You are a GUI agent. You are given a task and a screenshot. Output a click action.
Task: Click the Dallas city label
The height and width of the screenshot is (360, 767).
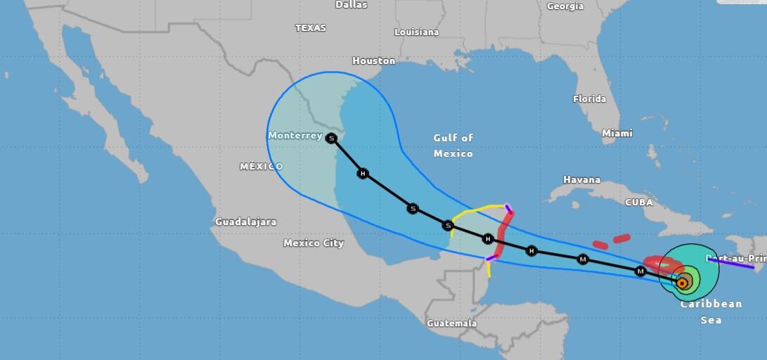tap(352, 4)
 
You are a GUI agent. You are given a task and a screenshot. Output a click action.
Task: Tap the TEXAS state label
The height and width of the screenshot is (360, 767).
tap(310, 28)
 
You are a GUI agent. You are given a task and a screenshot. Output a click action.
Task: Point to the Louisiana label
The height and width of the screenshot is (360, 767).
tap(416, 32)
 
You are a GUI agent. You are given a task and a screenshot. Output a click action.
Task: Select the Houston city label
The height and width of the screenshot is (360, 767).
tap(373, 61)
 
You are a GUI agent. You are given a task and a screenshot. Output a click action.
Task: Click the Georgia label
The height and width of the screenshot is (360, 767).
tap(565, 6)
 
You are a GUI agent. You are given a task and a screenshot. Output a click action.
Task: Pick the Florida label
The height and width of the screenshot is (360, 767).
tap(589, 99)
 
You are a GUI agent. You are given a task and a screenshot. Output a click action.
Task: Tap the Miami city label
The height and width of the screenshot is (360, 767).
tap(617, 133)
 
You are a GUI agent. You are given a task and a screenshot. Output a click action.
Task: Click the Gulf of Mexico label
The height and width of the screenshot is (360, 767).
tap(453, 146)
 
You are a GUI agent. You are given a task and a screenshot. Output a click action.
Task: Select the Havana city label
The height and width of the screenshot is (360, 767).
tap(581, 180)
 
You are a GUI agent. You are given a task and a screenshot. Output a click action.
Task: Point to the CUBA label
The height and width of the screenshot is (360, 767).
tap(638, 202)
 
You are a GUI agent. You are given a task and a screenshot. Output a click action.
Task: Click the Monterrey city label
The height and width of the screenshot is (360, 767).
tap(295, 136)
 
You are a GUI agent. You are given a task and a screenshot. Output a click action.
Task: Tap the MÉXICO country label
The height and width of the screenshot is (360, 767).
tap(261, 167)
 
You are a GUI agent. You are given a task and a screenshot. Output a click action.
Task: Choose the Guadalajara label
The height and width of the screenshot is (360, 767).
tap(245, 222)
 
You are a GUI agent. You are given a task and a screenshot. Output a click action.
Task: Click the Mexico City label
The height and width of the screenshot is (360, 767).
tap(314, 243)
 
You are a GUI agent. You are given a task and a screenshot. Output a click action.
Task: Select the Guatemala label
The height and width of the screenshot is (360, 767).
tap(451, 323)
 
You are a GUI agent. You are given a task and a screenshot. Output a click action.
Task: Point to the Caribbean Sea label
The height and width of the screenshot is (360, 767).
tap(711, 311)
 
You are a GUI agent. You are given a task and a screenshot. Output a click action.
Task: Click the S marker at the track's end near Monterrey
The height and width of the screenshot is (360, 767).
tap(332, 139)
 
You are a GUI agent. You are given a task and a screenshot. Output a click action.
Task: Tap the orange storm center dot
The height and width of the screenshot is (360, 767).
tap(682, 283)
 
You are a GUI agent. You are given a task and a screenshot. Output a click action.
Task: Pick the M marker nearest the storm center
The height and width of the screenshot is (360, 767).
tap(640, 271)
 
